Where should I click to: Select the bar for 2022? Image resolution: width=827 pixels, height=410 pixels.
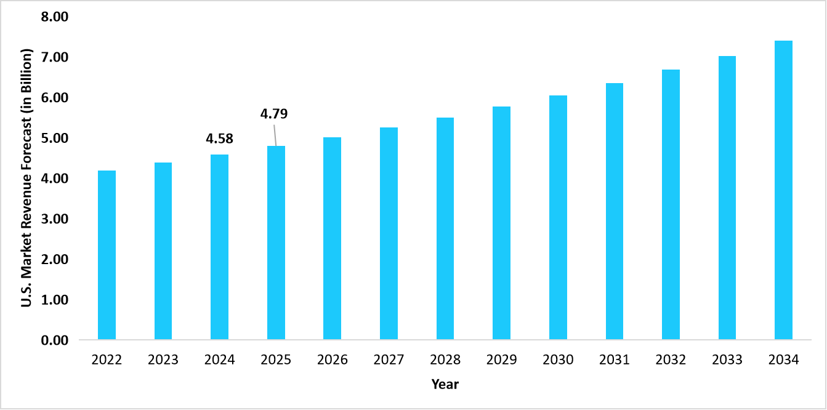[x=107, y=255]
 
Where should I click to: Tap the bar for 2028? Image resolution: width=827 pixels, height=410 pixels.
[x=445, y=228]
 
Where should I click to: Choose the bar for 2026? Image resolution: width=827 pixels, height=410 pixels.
[x=333, y=238]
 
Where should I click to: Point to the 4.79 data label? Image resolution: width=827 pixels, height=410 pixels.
[x=274, y=114]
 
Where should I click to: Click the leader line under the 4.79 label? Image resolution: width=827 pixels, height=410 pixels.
[x=274, y=134]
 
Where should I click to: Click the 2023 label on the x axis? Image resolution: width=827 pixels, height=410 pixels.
[x=163, y=360]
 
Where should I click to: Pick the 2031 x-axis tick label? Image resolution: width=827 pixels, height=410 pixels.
[x=615, y=360]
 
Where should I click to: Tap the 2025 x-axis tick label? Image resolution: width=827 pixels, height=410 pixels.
[x=276, y=360]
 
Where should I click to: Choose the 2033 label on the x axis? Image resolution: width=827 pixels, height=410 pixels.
[x=727, y=360]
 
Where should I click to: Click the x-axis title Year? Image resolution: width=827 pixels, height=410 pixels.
[x=445, y=385]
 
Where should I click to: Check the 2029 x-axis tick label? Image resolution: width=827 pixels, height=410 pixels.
[x=502, y=360]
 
